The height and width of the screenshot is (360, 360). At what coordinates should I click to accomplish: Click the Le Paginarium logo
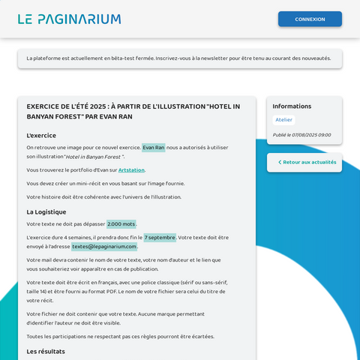(x=69, y=19)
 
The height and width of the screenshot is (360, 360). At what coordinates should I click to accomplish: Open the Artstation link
(x=131, y=170)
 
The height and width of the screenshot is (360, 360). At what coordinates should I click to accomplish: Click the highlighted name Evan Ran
(x=154, y=148)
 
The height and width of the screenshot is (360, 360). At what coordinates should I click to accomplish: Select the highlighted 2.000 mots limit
(x=121, y=223)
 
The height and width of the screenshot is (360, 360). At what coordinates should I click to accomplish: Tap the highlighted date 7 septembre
(x=160, y=237)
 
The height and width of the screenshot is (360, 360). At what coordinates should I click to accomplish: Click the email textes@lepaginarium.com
(x=104, y=246)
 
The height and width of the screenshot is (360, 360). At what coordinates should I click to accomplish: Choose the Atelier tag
(x=283, y=120)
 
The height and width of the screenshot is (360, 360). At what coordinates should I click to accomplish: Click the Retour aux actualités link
(x=309, y=162)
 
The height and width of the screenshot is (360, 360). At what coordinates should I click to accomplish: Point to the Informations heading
(x=292, y=106)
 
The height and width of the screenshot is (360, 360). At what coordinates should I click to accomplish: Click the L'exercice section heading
(x=41, y=136)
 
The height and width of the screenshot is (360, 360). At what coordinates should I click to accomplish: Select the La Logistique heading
(x=46, y=211)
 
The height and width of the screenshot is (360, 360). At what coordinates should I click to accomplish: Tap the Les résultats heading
(x=46, y=351)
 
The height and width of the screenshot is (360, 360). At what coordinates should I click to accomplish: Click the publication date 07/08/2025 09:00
(x=301, y=135)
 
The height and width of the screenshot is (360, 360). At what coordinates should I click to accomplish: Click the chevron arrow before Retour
(x=279, y=162)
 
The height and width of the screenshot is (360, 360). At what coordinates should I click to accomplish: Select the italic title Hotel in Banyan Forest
(x=93, y=157)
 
